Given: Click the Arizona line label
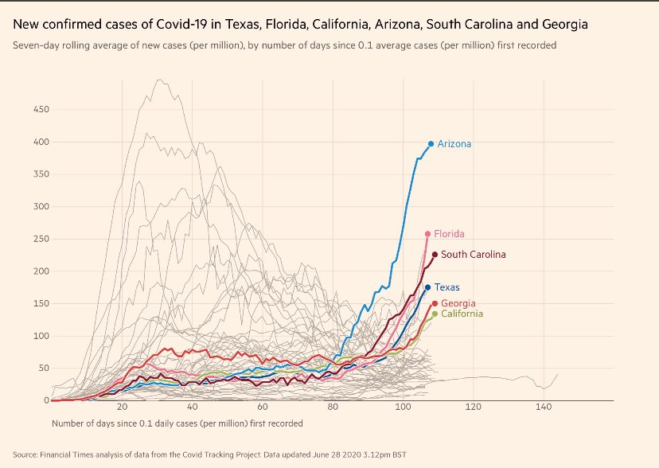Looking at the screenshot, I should click(x=454, y=144).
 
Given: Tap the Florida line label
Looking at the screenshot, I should click(x=450, y=234).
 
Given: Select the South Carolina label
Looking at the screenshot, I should click(x=474, y=255).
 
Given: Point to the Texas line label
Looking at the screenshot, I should click(x=446, y=287).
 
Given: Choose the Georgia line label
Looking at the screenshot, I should click(x=458, y=303).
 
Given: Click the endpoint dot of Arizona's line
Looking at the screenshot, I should click(x=431, y=144).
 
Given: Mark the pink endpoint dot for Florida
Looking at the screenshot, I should click(x=427, y=234).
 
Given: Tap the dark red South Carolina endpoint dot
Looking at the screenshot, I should click(x=435, y=255).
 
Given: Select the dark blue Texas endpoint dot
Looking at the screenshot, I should click(x=427, y=287).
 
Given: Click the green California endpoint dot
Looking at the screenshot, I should click(x=435, y=314).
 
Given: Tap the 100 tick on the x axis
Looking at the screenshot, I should click(x=404, y=408).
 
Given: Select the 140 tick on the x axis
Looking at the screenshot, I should click(x=544, y=408).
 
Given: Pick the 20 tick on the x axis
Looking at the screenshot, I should click(x=122, y=408).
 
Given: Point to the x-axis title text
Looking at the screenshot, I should click(x=177, y=423).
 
